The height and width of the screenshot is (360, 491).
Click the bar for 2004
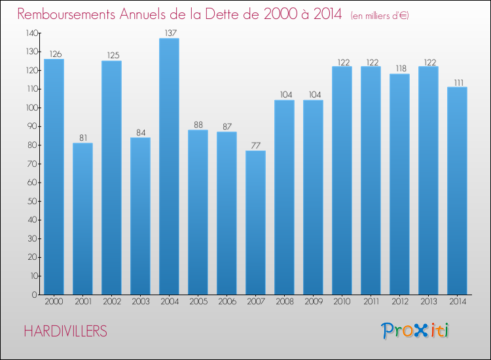[x=169, y=166]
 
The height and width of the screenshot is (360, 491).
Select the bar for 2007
[x=255, y=223]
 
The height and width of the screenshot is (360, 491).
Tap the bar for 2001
[x=82, y=219]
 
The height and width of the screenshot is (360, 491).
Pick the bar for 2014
[x=457, y=190]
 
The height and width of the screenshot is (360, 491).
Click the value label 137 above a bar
[x=169, y=33]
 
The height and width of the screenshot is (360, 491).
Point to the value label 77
[x=255, y=145]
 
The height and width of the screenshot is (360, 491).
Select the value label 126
[x=54, y=54]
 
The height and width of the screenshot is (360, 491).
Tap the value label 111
[x=457, y=82]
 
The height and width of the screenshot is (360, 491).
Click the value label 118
[x=399, y=69]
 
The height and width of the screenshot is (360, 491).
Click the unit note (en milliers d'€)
[x=380, y=16]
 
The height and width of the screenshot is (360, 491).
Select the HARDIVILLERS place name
[x=65, y=331]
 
